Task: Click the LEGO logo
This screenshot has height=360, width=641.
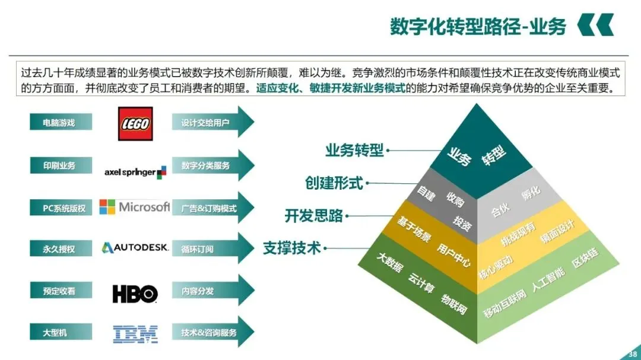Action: point(135,124)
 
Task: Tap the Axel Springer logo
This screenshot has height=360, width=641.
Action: point(135,172)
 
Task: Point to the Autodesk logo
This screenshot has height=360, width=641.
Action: point(135,248)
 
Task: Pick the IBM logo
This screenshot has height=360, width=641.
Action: point(135,334)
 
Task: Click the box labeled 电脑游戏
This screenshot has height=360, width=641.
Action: point(61,122)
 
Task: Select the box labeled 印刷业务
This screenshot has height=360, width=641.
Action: point(61,165)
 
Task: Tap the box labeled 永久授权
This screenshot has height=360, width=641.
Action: point(61,249)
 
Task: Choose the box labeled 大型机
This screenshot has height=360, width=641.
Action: point(61,333)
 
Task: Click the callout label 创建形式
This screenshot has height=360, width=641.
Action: point(334,183)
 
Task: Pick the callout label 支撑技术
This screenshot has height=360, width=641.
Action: point(292,248)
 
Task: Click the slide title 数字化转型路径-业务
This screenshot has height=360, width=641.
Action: point(478,27)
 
